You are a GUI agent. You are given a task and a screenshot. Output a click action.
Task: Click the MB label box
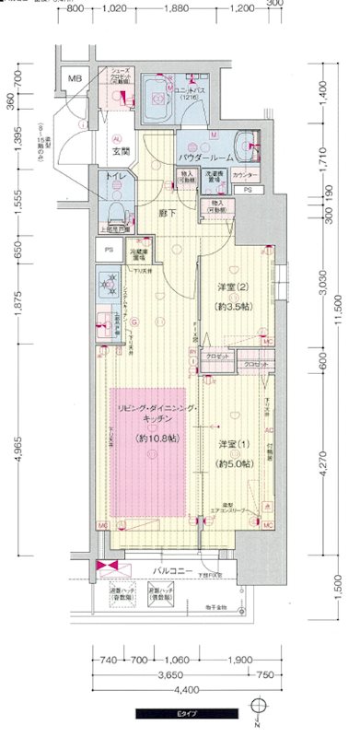click(75, 78)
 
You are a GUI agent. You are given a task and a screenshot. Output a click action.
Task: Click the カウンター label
click(244, 174)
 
